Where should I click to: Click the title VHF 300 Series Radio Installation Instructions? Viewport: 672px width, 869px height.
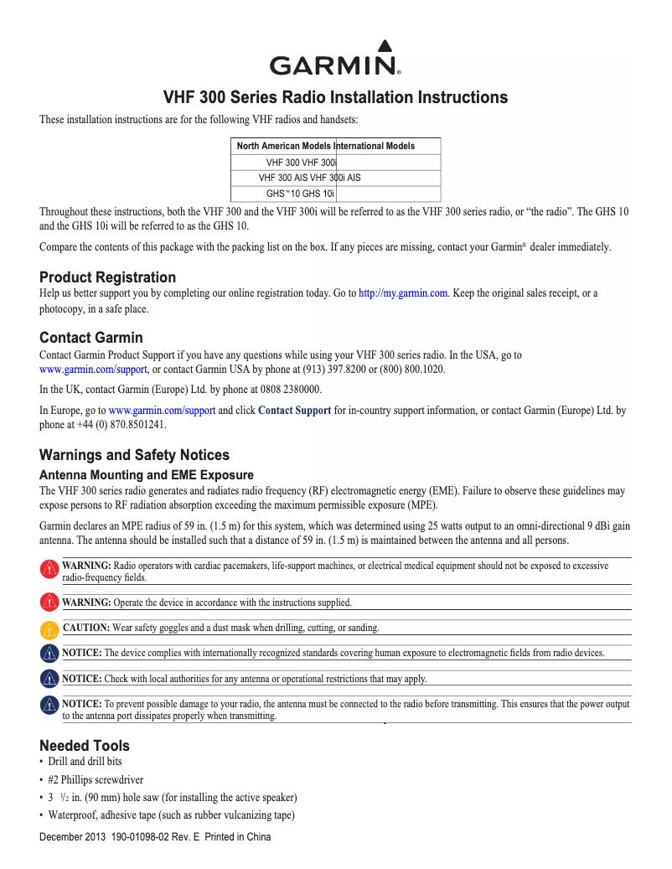click(x=335, y=97)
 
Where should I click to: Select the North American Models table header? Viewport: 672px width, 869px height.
click(x=284, y=146)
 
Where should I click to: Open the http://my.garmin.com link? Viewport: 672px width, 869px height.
click(x=404, y=292)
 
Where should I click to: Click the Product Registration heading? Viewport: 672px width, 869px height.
click(x=108, y=277)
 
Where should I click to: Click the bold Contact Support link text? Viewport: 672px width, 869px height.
click(x=294, y=411)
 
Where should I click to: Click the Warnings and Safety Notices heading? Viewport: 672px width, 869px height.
click(x=134, y=455)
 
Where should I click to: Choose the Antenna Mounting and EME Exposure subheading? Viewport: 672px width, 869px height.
click(x=147, y=475)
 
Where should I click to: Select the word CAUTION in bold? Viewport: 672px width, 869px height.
click(x=86, y=628)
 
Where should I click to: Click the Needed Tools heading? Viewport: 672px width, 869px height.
click(x=85, y=745)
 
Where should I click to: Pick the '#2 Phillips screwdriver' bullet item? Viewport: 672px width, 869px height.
click(x=96, y=779)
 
